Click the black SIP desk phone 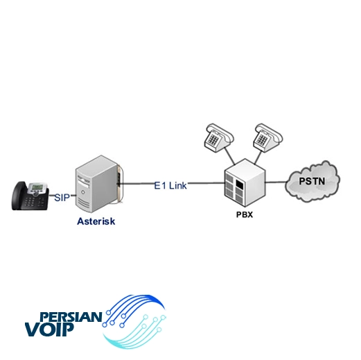pos(30,196)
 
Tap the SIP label pos(62,198)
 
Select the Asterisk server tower pos(98,184)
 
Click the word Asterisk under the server pos(96,221)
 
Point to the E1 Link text pos(170,186)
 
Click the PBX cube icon pos(245,182)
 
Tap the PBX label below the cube pos(245,215)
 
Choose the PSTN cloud pos(312,181)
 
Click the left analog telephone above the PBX pos(218,137)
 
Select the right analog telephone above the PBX pos(267,137)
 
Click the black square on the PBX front pos(240,185)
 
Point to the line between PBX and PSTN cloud pos(276,182)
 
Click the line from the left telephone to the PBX pos(229,156)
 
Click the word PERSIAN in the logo pos(71,317)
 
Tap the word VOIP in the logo pos(49,329)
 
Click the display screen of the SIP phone pos(36,187)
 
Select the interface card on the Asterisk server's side pos(119,183)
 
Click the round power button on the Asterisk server pos(82,192)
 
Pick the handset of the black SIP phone pos(19,196)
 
